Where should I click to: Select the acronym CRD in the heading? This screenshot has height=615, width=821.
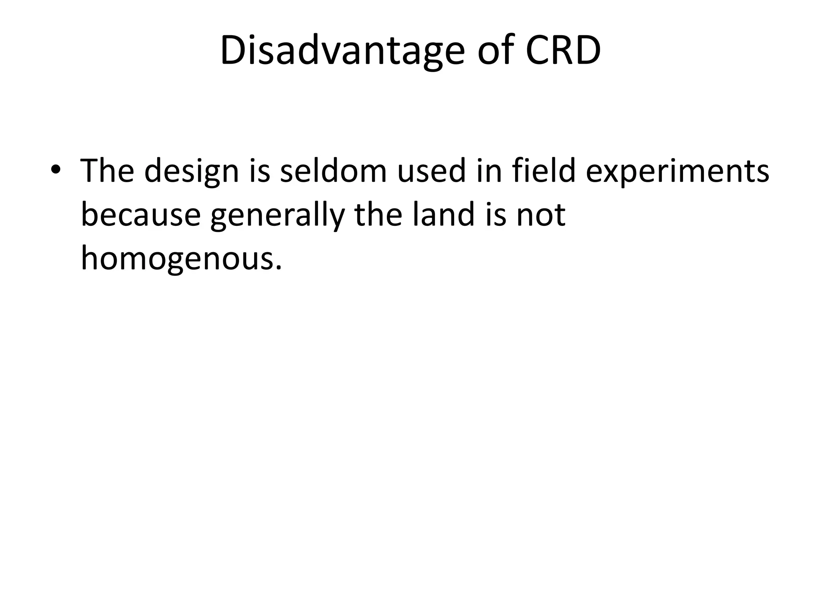coord(563,52)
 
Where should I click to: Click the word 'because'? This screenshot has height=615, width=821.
coord(141,215)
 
